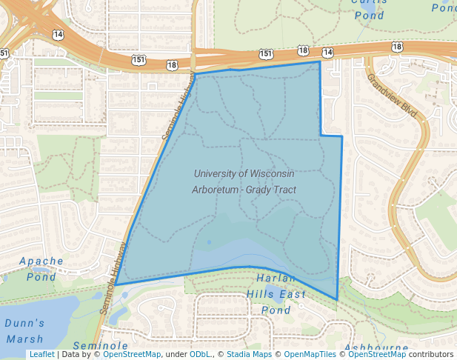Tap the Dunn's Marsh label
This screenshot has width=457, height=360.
[25, 330]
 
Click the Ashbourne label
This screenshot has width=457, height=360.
[376, 347]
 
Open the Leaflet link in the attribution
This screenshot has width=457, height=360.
[41, 355]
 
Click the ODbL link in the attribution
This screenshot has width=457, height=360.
[199, 355]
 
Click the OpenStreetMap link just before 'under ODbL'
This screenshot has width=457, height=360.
[132, 355]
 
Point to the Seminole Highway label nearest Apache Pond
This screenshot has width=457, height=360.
[114, 275]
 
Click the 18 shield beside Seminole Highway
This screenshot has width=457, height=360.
[173, 65]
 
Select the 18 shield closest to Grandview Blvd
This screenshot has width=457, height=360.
[397, 47]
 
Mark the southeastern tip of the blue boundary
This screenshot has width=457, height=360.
[337, 300]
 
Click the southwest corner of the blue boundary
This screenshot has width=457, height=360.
[115, 284]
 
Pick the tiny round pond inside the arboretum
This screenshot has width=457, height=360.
[210, 242]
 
